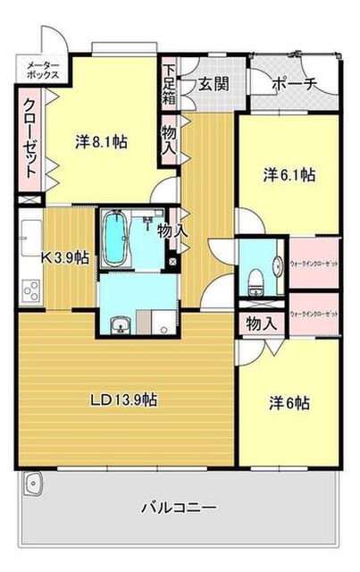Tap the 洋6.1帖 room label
point(288,175)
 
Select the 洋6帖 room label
point(288,403)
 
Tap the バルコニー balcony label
point(178,508)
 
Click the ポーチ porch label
point(293,84)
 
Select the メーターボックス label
point(41,71)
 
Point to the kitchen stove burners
point(30,290)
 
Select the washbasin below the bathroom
point(119,324)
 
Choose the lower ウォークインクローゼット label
point(314,314)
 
